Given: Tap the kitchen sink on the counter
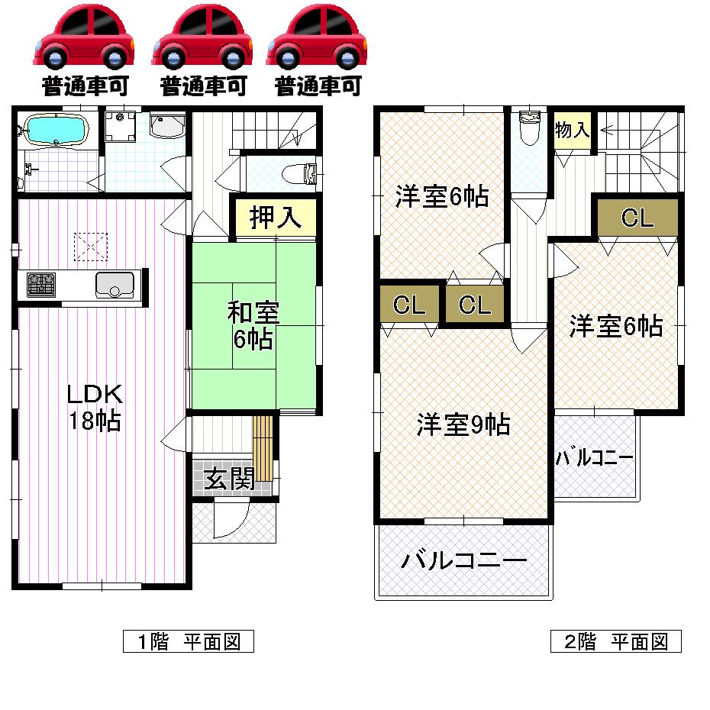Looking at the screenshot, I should (x=115, y=285).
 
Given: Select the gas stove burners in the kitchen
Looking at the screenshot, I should (x=41, y=285).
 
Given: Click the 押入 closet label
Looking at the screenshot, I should (x=272, y=218).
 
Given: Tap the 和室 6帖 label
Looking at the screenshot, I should (x=253, y=325).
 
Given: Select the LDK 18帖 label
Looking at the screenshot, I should (x=94, y=407).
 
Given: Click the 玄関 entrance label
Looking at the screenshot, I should (x=229, y=479).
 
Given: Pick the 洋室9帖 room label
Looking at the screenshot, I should (x=463, y=424).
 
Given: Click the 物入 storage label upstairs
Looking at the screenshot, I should (x=572, y=131).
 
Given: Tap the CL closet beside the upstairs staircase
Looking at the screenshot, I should (x=637, y=218).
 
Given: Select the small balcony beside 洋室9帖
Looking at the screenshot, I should (x=594, y=459).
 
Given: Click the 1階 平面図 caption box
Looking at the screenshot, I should (x=188, y=641).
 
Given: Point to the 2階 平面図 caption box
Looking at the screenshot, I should (x=615, y=641).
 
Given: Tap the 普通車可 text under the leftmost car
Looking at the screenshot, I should (x=86, y=86).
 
